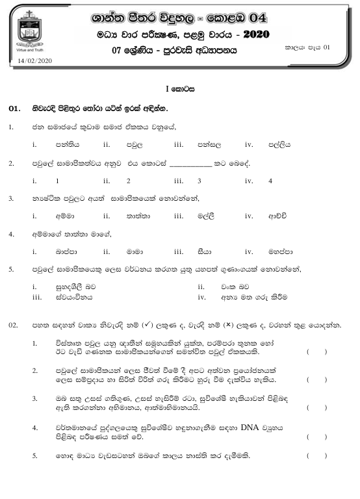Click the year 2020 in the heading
(251, 34)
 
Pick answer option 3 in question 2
(199, 181)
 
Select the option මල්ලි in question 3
(206, 216)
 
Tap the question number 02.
(13, 324)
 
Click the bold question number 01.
(15, 109)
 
